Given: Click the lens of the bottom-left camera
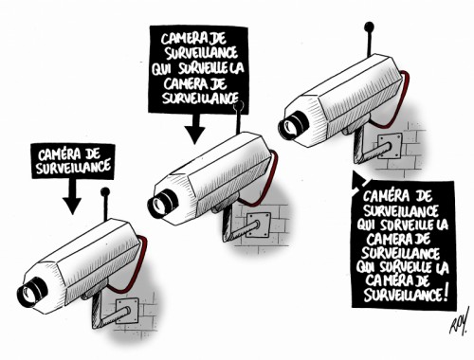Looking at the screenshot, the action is (x=31, y=292).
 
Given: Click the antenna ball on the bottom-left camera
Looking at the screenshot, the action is (x=105, y=191).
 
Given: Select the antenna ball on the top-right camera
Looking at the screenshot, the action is (x=369, y=27).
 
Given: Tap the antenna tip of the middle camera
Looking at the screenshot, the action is (x=239, y=105).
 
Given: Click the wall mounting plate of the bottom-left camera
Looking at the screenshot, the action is (x=127, y=311).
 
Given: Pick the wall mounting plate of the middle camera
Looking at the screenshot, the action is (x=259, y=225).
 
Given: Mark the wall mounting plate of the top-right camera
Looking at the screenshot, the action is (x=390, y=146).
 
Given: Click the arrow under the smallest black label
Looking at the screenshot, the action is (x=72, y=196).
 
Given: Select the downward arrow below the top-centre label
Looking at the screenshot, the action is (x=194, y=129).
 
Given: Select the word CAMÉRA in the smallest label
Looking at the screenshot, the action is (x=55, y=154).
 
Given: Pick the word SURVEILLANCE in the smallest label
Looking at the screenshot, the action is (x=73, y=168).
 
